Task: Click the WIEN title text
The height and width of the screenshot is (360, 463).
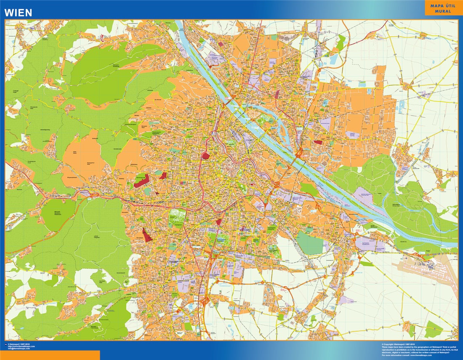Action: [18, 13]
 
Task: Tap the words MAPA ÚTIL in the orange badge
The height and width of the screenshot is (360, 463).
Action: [440, 5]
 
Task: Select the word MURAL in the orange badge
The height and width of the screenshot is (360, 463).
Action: [440, 11]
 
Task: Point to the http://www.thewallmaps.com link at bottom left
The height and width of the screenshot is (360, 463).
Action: [21, 346]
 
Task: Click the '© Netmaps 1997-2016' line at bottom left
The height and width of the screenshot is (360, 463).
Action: [19, 344]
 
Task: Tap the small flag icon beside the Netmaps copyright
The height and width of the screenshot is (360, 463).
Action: [5, 344]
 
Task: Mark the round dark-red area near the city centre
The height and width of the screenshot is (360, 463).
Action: [206, 156]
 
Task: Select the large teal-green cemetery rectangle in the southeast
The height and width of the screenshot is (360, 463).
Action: [310, 243]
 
